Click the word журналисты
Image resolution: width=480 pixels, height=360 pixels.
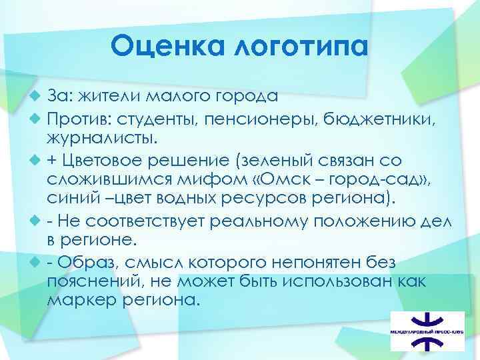pyautogui.click(x=103, y=139)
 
